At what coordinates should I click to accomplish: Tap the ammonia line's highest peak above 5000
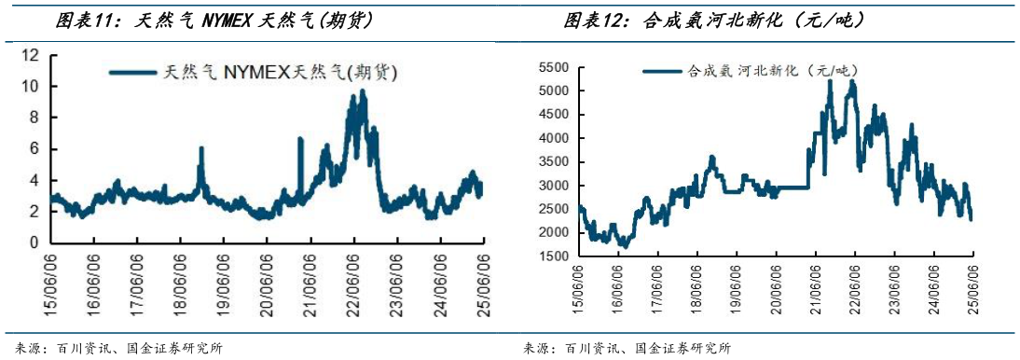(830, 81)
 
